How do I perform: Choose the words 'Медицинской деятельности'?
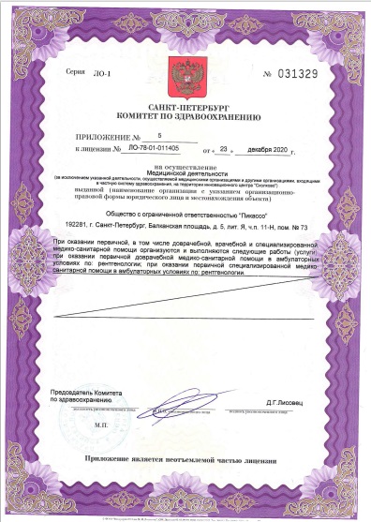[185, 172]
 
